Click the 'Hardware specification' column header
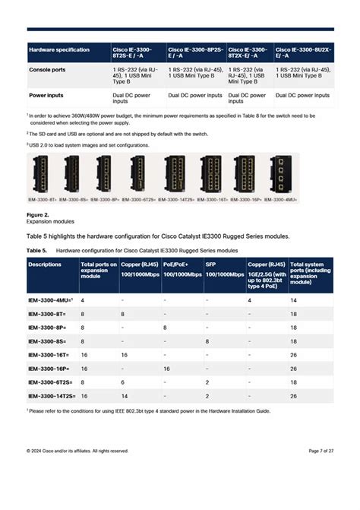click(58, 50)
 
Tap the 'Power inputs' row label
click(45, 97)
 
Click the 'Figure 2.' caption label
click(38, 216)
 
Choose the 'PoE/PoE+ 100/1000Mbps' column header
click(182, 268)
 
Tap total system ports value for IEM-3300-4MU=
click(294, 301)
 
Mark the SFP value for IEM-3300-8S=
click(207, 341)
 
